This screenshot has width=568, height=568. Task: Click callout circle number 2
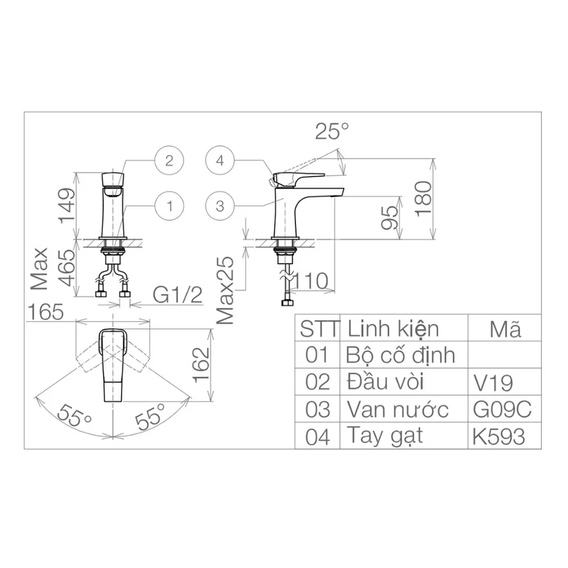click(x=169, y=160)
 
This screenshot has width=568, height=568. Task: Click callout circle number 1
click(x=169, y=206)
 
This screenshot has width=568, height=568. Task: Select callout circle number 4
click(x=220, y=160)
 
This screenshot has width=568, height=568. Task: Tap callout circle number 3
click(x=220, y=206)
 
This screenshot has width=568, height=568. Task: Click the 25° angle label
click(x=332, y=131)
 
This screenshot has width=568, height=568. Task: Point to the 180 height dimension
click(x=424, y=199)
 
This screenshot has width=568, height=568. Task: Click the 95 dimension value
click(x=390, y=217)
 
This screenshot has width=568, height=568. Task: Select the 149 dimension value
click(x=67, y=205)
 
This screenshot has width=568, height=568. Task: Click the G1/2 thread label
click(x=178, y=295)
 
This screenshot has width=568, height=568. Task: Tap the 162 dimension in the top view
click(x=201, y=365)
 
